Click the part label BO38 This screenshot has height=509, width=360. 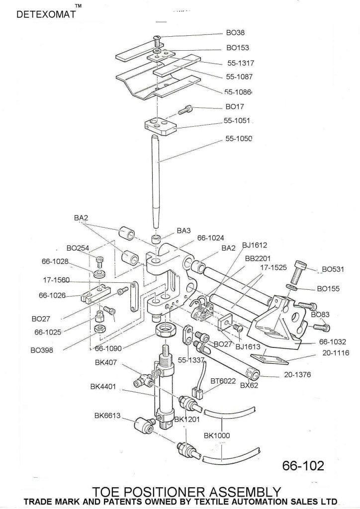click(235, 33)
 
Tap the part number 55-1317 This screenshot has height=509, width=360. click(241, 64)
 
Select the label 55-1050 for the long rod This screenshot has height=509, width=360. click(239, 139)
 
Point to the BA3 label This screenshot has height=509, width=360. click(184, 231)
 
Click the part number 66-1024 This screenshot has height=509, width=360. click(211, 238)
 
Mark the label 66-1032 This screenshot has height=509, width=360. click(333, 341)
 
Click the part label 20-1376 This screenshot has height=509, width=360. click(297, 375)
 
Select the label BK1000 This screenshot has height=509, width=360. click(217, 435)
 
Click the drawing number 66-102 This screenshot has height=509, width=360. click(303, 466)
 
